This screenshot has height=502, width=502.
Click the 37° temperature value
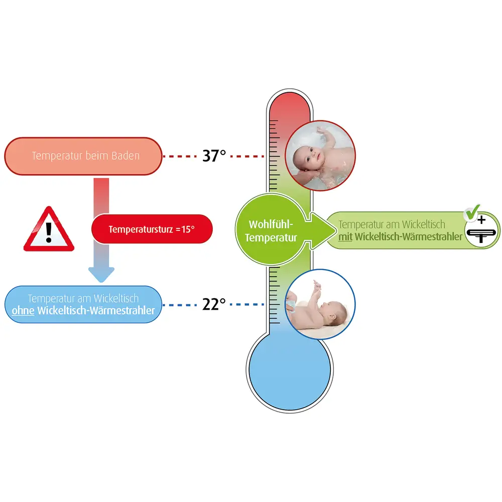tap(214, 156)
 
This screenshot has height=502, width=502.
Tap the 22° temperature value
tap(214, 304)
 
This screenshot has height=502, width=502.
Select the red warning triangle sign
tap(49, 231)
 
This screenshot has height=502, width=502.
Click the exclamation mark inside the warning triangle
tap(49, 231)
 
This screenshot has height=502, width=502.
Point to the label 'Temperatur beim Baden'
tap(85, 156)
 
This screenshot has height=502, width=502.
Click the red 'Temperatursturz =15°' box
tap(152, 229)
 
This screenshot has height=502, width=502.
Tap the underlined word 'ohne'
tap(23, 311)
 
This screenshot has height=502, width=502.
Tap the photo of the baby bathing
tap(320, 156)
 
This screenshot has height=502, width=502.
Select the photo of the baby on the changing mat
tap(320, 304)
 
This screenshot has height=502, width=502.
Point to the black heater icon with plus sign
tap(482, 231)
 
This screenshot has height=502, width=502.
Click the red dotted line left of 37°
tap(179, 156)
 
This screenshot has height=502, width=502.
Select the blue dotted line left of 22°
tap(179, 304)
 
